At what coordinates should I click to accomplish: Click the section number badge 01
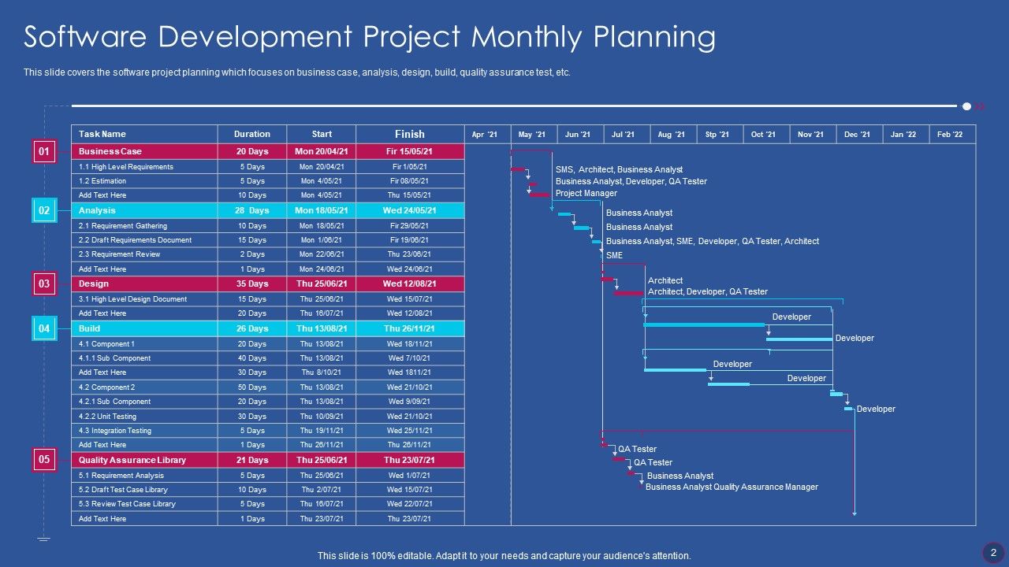click(x=44, y=151)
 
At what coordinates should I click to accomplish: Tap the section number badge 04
click(x=44, y=328)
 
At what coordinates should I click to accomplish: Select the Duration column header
click(x=252, y=135)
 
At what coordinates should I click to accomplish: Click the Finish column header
click(x=410, y=135)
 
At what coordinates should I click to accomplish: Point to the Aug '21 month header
click(x=671, y=135)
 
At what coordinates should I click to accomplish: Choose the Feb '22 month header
click(x=950, y=135)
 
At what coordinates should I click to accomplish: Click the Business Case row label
click(x=110, y=151)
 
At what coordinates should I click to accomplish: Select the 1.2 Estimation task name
click(x=102, y=181)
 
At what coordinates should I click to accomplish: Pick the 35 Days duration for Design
click(x=252, y=283)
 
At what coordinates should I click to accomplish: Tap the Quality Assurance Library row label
click(x=132, y=460)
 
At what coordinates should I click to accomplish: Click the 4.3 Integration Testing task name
click(x=115, y=431)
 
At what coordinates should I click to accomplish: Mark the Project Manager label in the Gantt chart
click(x=586, y=193)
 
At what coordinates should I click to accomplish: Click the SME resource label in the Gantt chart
click(x=614, y=255)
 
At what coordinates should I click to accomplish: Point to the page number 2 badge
click(x=993, y=552)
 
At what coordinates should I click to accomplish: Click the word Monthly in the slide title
click(x=523, y=37)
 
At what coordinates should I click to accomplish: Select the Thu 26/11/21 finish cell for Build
click(x=410, y=328)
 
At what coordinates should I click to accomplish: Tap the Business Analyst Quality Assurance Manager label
click(x=732, y=487)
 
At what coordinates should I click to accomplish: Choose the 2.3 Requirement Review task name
click(x=119, y=254)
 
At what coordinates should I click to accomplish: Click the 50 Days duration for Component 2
click(x=252, y=387)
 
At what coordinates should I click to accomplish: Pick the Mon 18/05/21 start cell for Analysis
click(x=322, y=210)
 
